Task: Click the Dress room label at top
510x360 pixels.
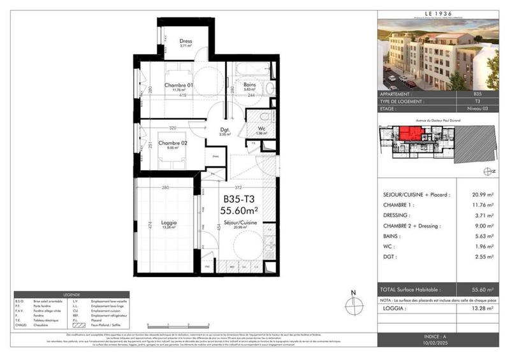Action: point(186,41)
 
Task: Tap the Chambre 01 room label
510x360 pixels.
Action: point(178,85)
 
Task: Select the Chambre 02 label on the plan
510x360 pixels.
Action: point(173,143)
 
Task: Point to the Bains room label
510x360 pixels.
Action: point(250,85)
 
